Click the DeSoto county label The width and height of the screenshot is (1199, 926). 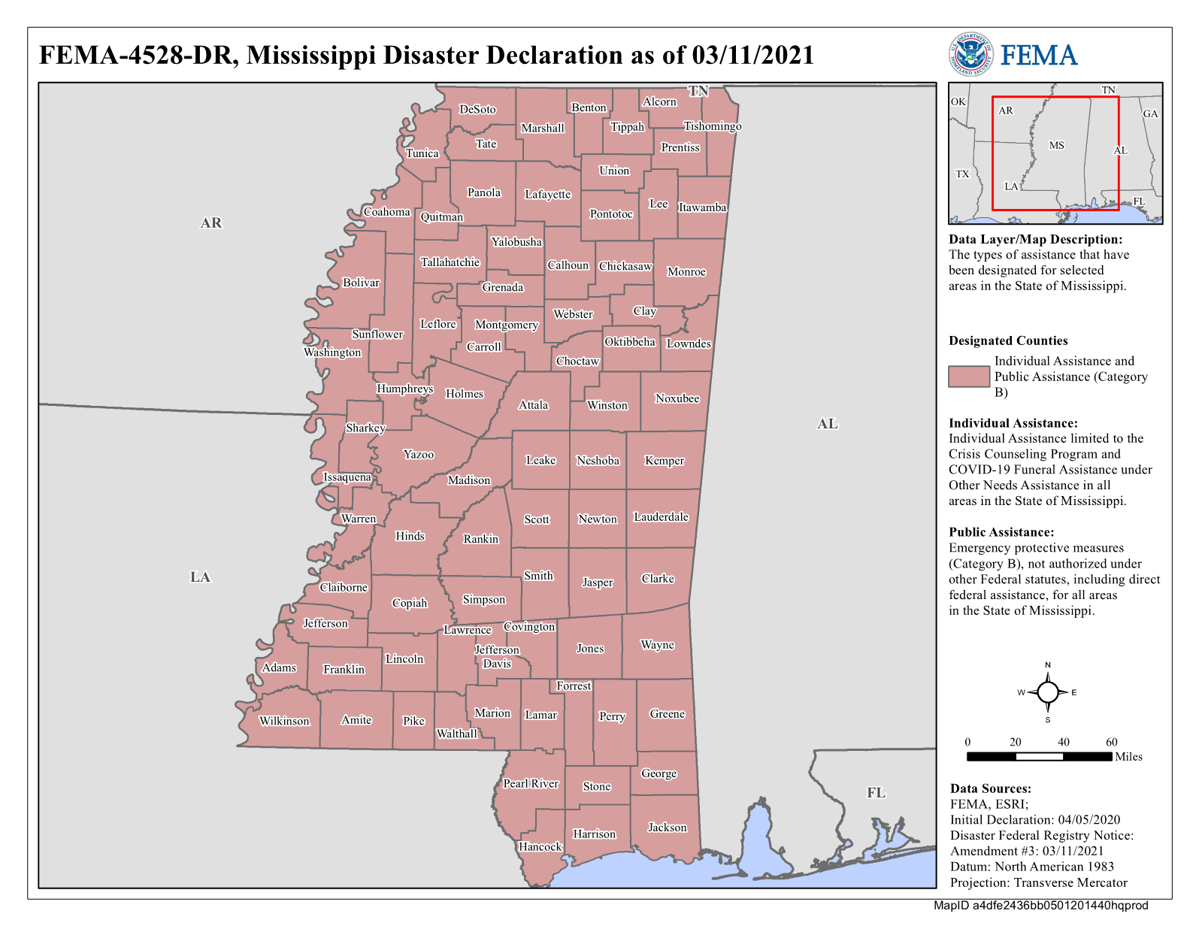(477, 109)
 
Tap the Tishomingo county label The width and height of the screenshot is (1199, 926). (712, 126)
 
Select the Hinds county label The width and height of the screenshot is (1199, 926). (410, 536)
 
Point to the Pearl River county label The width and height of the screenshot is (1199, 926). (531, 783)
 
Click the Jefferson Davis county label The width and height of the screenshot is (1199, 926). (497, 656)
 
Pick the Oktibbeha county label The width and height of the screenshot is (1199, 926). (630, 341)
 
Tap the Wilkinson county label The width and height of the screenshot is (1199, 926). (284, 721)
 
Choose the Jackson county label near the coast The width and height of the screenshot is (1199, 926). (667, 827)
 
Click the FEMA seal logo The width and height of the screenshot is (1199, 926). (970, 54)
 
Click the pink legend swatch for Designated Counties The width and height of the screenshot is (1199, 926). (968, 376)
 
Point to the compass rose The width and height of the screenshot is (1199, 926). (1048, 692)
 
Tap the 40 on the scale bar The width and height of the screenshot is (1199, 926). (1063, 742)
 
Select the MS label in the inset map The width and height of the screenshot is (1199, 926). (1056, 145)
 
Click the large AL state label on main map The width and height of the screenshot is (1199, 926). (827, 424)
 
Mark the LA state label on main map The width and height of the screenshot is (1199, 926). (200, 576)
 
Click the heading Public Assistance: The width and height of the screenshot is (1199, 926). (1001, 532)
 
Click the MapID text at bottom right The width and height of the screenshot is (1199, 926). (1040, 905)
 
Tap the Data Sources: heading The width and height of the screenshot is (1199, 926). (990, 788)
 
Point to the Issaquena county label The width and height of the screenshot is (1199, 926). (347, 477)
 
